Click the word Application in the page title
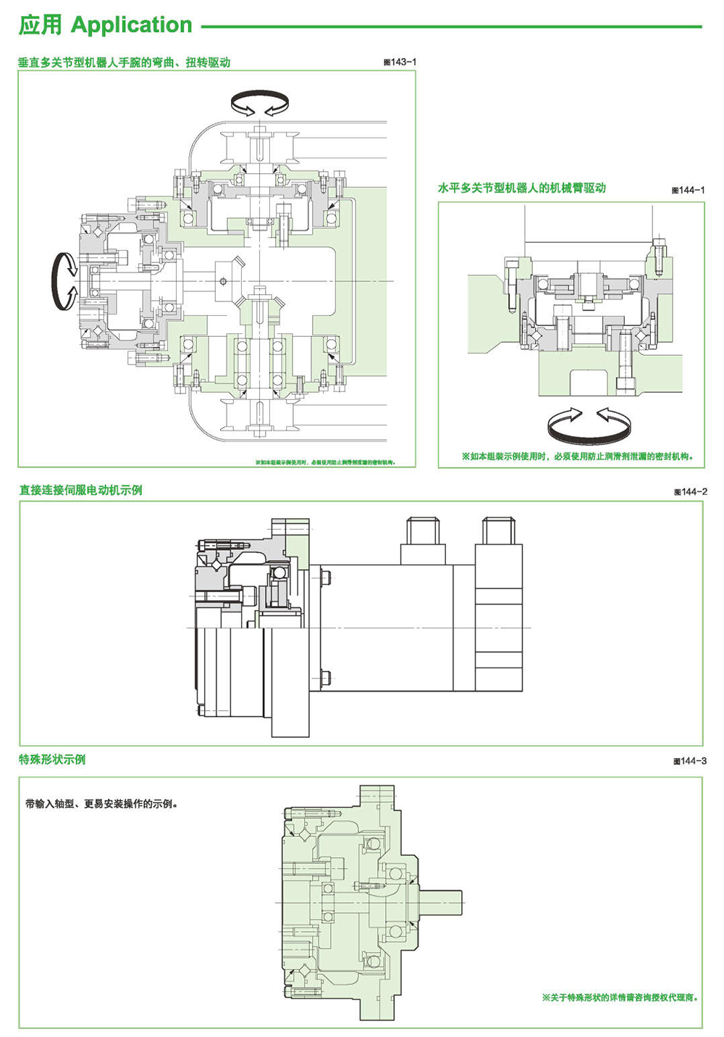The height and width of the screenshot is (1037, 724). [132, 25]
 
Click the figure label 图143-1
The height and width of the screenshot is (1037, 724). [400, 62]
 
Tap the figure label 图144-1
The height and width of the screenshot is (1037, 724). [688, 190]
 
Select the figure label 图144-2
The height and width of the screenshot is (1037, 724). [690, 491]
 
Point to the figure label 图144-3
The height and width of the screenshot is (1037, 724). [689, 761]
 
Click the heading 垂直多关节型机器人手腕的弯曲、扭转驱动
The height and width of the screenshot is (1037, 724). [125, 62]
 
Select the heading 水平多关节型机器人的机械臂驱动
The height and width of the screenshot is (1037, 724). [521, 188]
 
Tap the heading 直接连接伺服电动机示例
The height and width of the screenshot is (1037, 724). [80, 490]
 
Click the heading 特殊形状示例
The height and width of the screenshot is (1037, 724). [52, 759]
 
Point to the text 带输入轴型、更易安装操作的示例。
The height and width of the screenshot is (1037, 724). [101, 804]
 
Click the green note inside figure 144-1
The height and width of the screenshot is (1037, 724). [578, 457]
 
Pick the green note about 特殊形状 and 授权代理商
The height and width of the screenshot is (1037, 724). [620, 998]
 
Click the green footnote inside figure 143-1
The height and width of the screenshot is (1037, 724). [325, 462]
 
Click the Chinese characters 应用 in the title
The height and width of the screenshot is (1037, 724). [40, 25]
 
